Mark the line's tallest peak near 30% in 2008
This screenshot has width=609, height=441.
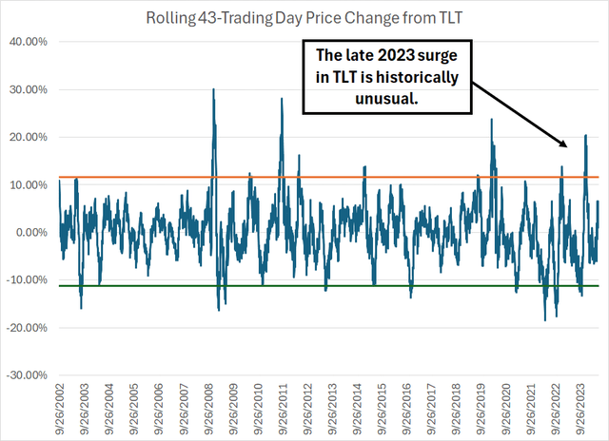213,89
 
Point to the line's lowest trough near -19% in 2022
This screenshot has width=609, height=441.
545,320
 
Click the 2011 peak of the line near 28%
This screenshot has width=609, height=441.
282,98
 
